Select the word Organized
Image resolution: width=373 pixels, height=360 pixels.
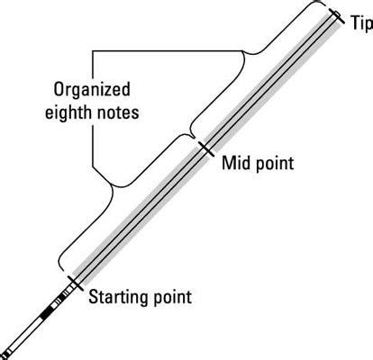[x=90, y=91]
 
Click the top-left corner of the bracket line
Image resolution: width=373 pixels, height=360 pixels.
[x=93, y=50]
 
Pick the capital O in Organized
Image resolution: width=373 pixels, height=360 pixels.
[x=59, y=91]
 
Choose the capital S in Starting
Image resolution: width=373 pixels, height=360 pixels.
[x=94, y=297]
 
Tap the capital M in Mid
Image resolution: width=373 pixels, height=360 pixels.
[x=227, y=165]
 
